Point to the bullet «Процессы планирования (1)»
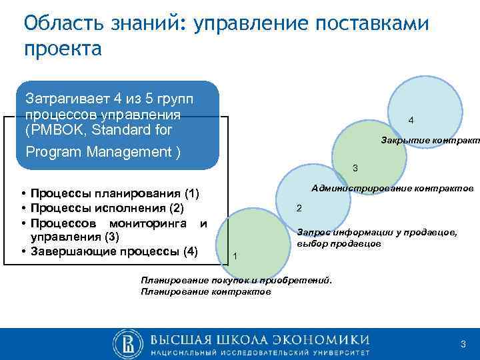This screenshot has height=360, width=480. [x=114, y=195]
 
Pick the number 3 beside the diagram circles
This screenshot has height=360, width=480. [x=355, y=167]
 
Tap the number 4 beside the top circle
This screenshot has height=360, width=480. [x=411, y=121]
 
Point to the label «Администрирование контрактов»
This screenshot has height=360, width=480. [x=392, y=189]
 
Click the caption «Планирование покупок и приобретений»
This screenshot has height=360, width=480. [x=236, y=281]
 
